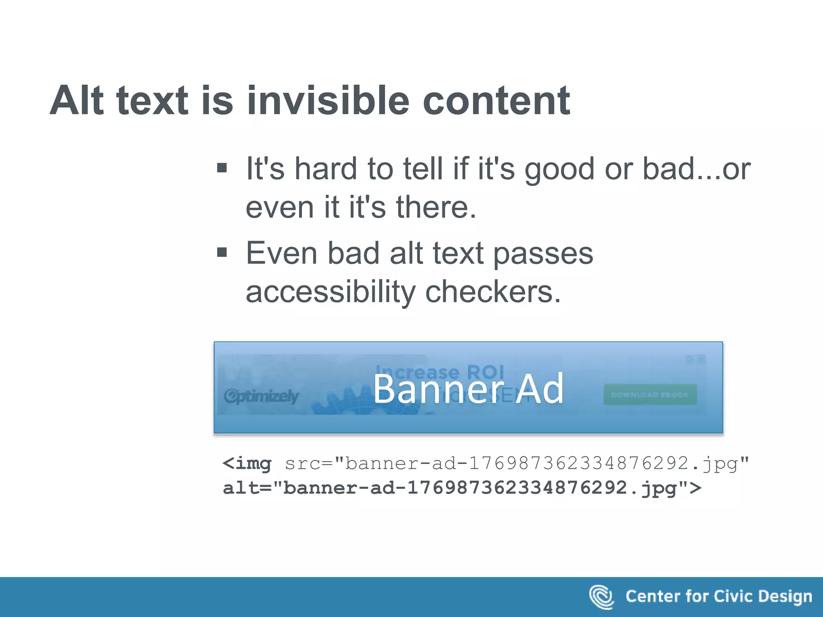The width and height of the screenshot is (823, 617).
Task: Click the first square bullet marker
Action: coord(222,168)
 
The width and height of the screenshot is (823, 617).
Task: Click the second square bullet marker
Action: coord(222,252)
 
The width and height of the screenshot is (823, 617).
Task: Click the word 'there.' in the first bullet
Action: coord(436,207)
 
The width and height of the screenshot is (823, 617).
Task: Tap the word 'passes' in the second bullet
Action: coord(543,254)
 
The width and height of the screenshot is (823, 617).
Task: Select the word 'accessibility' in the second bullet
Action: coord(330,292)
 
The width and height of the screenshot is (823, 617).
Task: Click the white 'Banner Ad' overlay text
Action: coord(469,388)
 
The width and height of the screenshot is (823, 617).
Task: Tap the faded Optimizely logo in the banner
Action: coord(262,396)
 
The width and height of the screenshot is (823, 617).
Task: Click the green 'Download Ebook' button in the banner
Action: coord(650,395)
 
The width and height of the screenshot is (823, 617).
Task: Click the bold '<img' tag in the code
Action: coord(247,464)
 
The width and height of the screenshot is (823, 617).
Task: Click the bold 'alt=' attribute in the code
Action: coord(248,488)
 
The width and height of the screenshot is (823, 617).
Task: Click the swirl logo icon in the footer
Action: coord(601,597)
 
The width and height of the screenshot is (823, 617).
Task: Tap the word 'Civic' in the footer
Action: coord(731,596)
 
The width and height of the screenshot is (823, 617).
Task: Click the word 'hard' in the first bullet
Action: coord(326,169)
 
